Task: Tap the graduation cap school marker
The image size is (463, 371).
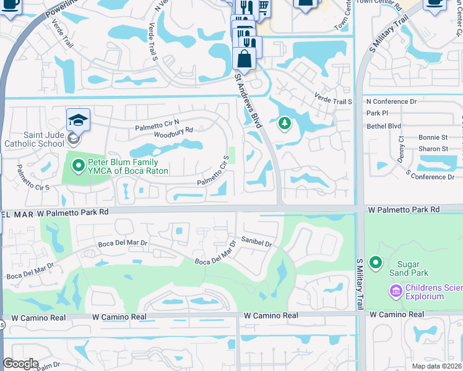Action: tap(79, 119)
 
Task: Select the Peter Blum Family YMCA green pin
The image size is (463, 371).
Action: tap(78, 166)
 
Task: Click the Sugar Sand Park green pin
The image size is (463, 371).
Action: tap(375, 263)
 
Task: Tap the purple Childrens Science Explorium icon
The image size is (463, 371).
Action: tap(395, 290)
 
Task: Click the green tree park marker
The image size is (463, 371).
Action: tap(284, 124)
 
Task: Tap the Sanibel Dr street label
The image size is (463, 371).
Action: tap(257, 244)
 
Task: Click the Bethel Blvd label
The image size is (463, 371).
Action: tap(384, 126)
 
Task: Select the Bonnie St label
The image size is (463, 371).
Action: tap(433, 137)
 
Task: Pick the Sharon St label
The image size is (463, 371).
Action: tap(433, 149)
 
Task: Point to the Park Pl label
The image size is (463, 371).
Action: tap(377, 113)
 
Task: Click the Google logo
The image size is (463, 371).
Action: tap(20, 364)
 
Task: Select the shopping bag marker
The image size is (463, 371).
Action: tap(244, 59)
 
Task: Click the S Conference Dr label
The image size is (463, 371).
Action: tap(430, 177)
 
